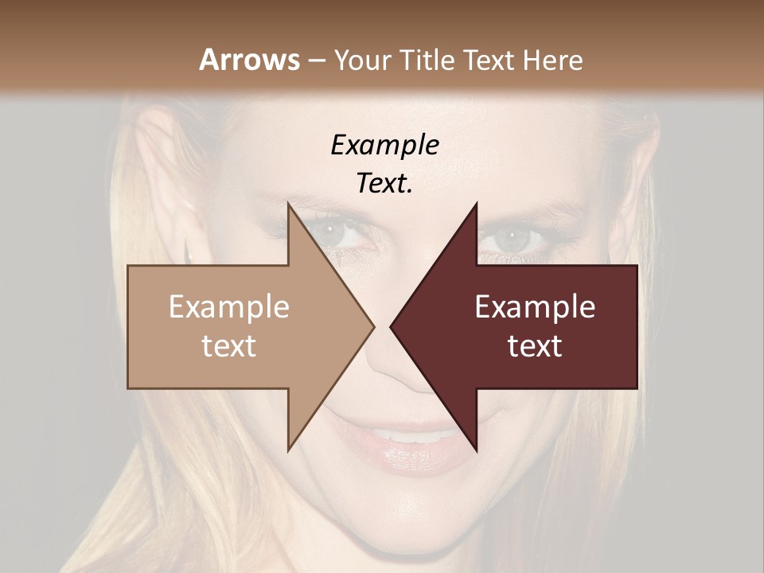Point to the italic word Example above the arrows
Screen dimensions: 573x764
click(x=384, y=146)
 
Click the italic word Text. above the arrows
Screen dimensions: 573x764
click(x=384, y=184)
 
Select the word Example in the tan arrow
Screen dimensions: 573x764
click(x=229, y=307)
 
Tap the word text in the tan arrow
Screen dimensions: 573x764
click(x=229, y=346)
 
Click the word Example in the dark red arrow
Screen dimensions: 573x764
click(x=535, y=307)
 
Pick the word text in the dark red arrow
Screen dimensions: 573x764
click(x=535, y=346)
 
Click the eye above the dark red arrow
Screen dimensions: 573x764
click(x=516, y=236)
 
